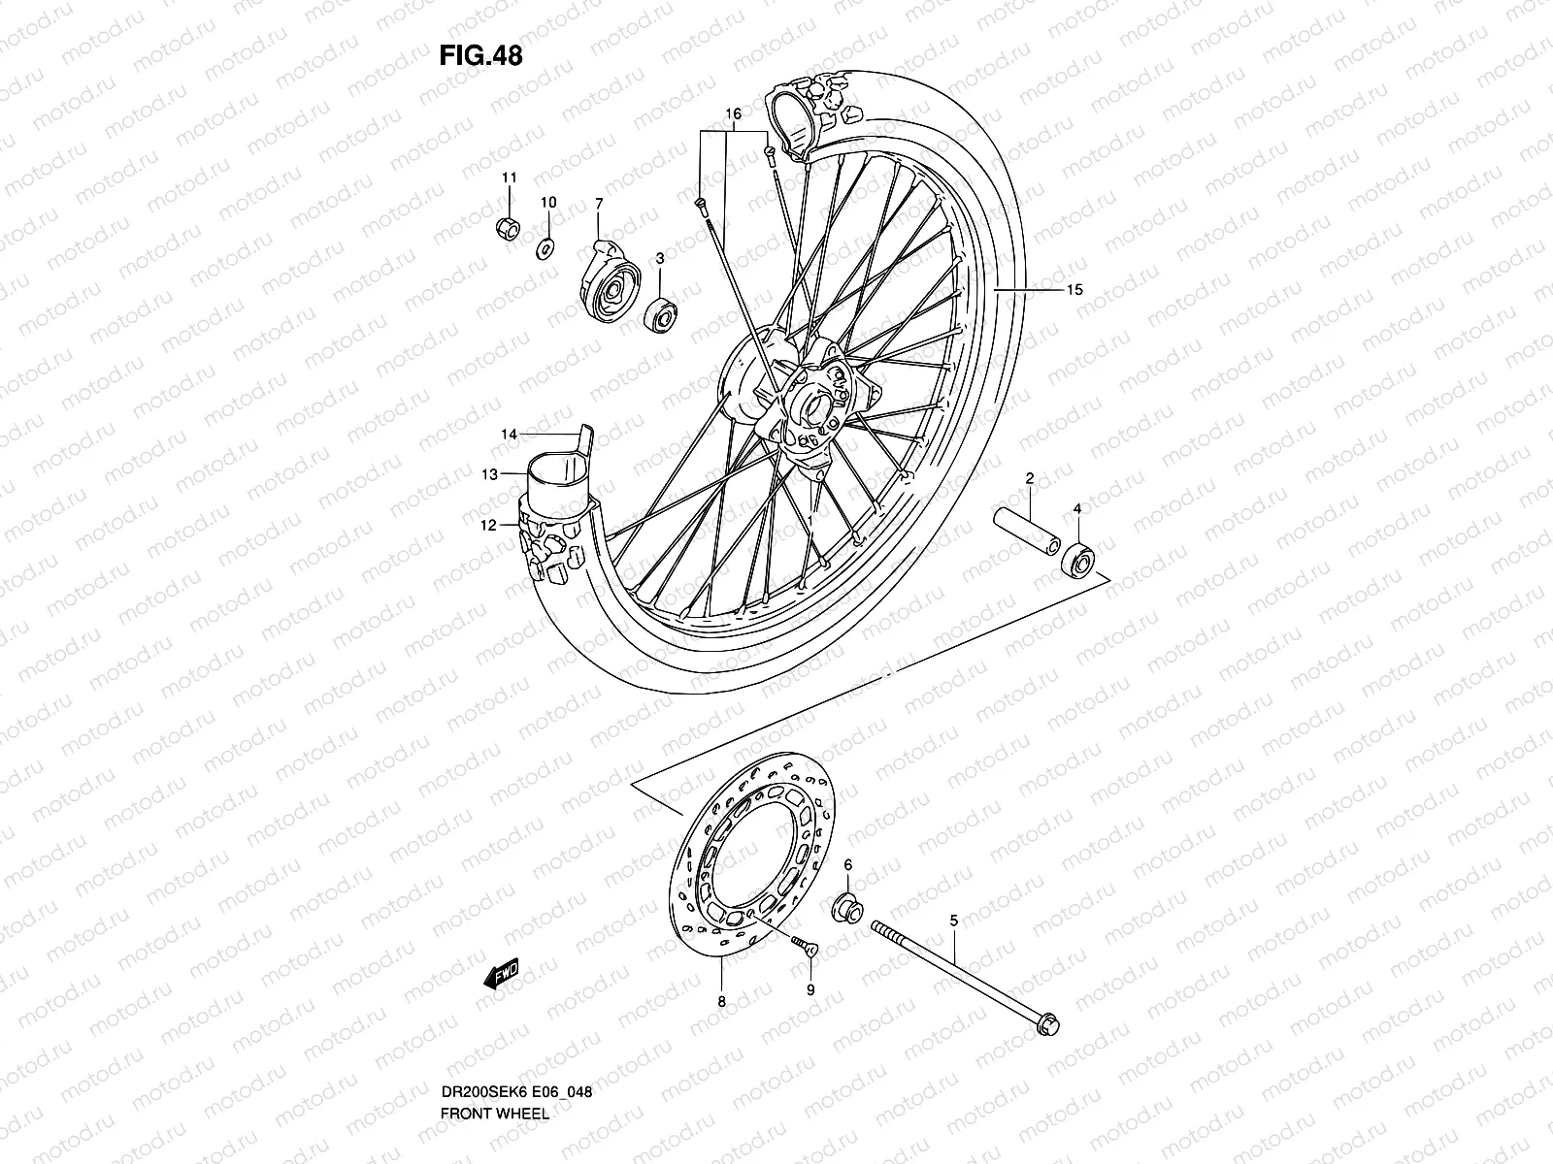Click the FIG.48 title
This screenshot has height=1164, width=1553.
tap(480, 56)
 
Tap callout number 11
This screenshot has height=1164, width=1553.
tap(509, 178)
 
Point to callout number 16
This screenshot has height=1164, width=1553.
tap(733, 114)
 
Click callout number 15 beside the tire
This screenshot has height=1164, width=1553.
tap(1073, 290)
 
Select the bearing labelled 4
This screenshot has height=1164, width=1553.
tap(1079, 561)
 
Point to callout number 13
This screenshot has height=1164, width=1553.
tap(491, 474)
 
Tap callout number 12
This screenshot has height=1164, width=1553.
tap(489, 525)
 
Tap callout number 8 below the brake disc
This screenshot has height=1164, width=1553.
tap(721, 1004)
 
